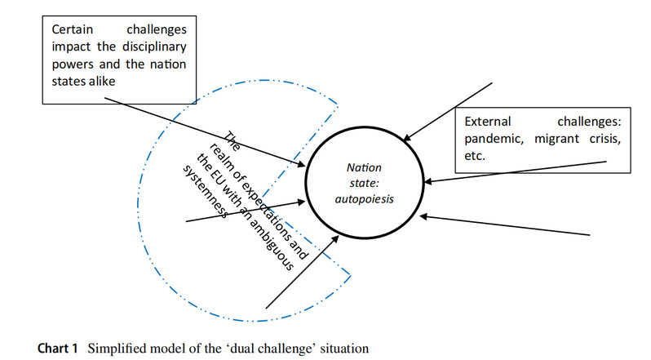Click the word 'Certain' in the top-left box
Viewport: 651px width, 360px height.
click(x=71, y=29)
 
